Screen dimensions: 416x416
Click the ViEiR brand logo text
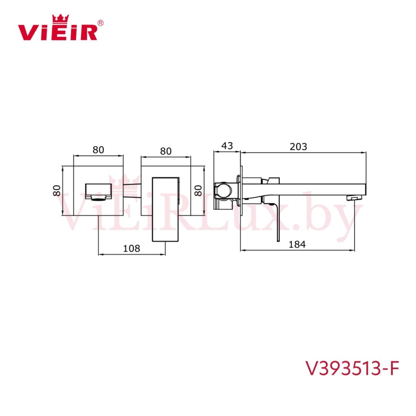pos(57,32)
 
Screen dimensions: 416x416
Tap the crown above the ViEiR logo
pos(60,18)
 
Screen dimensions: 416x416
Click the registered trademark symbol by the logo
pos(101,23)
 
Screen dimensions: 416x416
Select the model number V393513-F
pos(352,368)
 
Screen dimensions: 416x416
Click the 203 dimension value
pos(298,146)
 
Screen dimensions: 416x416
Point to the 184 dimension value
pos(297,244)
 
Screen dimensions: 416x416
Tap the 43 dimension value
pos(227,145)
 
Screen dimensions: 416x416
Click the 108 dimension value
pos(131,248)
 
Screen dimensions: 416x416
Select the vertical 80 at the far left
pos(57,191)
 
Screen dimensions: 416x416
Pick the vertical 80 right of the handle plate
pos(198,191)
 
